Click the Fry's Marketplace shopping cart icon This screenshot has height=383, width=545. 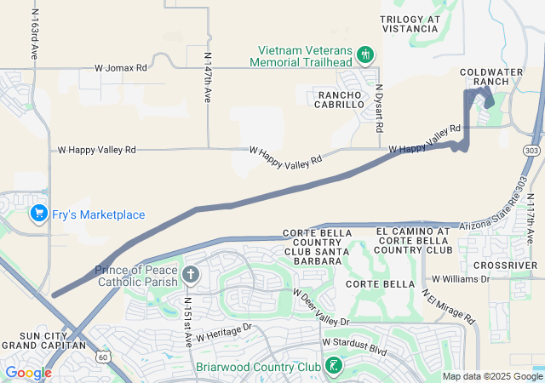coord(37,214)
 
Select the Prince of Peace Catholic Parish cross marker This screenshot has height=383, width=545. coord(191,275)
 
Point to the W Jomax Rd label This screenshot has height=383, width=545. coord(120,66)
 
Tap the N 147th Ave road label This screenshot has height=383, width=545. coord(208,77)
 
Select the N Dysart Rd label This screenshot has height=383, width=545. coord(380,104)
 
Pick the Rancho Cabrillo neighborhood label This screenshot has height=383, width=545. coord(341,99)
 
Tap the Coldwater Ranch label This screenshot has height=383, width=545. coord(490,76)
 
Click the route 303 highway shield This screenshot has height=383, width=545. coord(532,151)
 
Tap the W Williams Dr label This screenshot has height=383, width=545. coord(462,278)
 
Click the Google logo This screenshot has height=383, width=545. coord(28,373)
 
